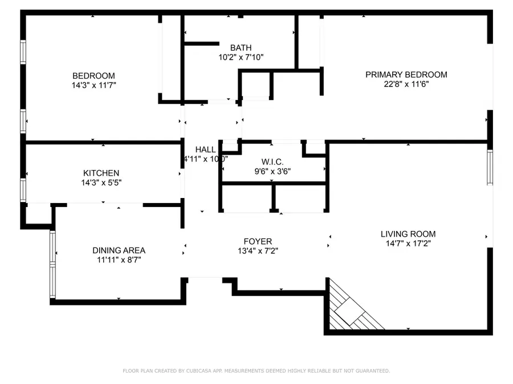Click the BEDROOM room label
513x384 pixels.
tap(93, 76)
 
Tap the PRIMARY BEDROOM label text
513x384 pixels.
tap(406, 75)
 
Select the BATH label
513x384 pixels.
tap(241, 48)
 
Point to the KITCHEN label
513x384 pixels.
tap(101, 173)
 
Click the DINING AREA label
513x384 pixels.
tap(119, 250)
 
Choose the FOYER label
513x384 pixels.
tap(258, 241)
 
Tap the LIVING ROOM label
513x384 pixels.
tap(408, 234)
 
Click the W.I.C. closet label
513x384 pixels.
tap(272, 162)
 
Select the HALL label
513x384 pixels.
tap(205, 150)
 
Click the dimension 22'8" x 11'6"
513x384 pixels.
tap(406, 84)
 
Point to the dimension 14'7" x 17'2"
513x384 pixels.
tap(408, 243)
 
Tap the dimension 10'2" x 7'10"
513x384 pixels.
tap(241, 57)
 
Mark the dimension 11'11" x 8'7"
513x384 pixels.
tap(119, 260)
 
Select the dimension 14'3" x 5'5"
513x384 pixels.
tap(101, 183)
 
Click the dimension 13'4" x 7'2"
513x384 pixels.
tap(258, 251)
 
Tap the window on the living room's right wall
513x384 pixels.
tap(489, 167)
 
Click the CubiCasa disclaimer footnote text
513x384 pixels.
tap(256, 371)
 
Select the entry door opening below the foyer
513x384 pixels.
tap(205, 279)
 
